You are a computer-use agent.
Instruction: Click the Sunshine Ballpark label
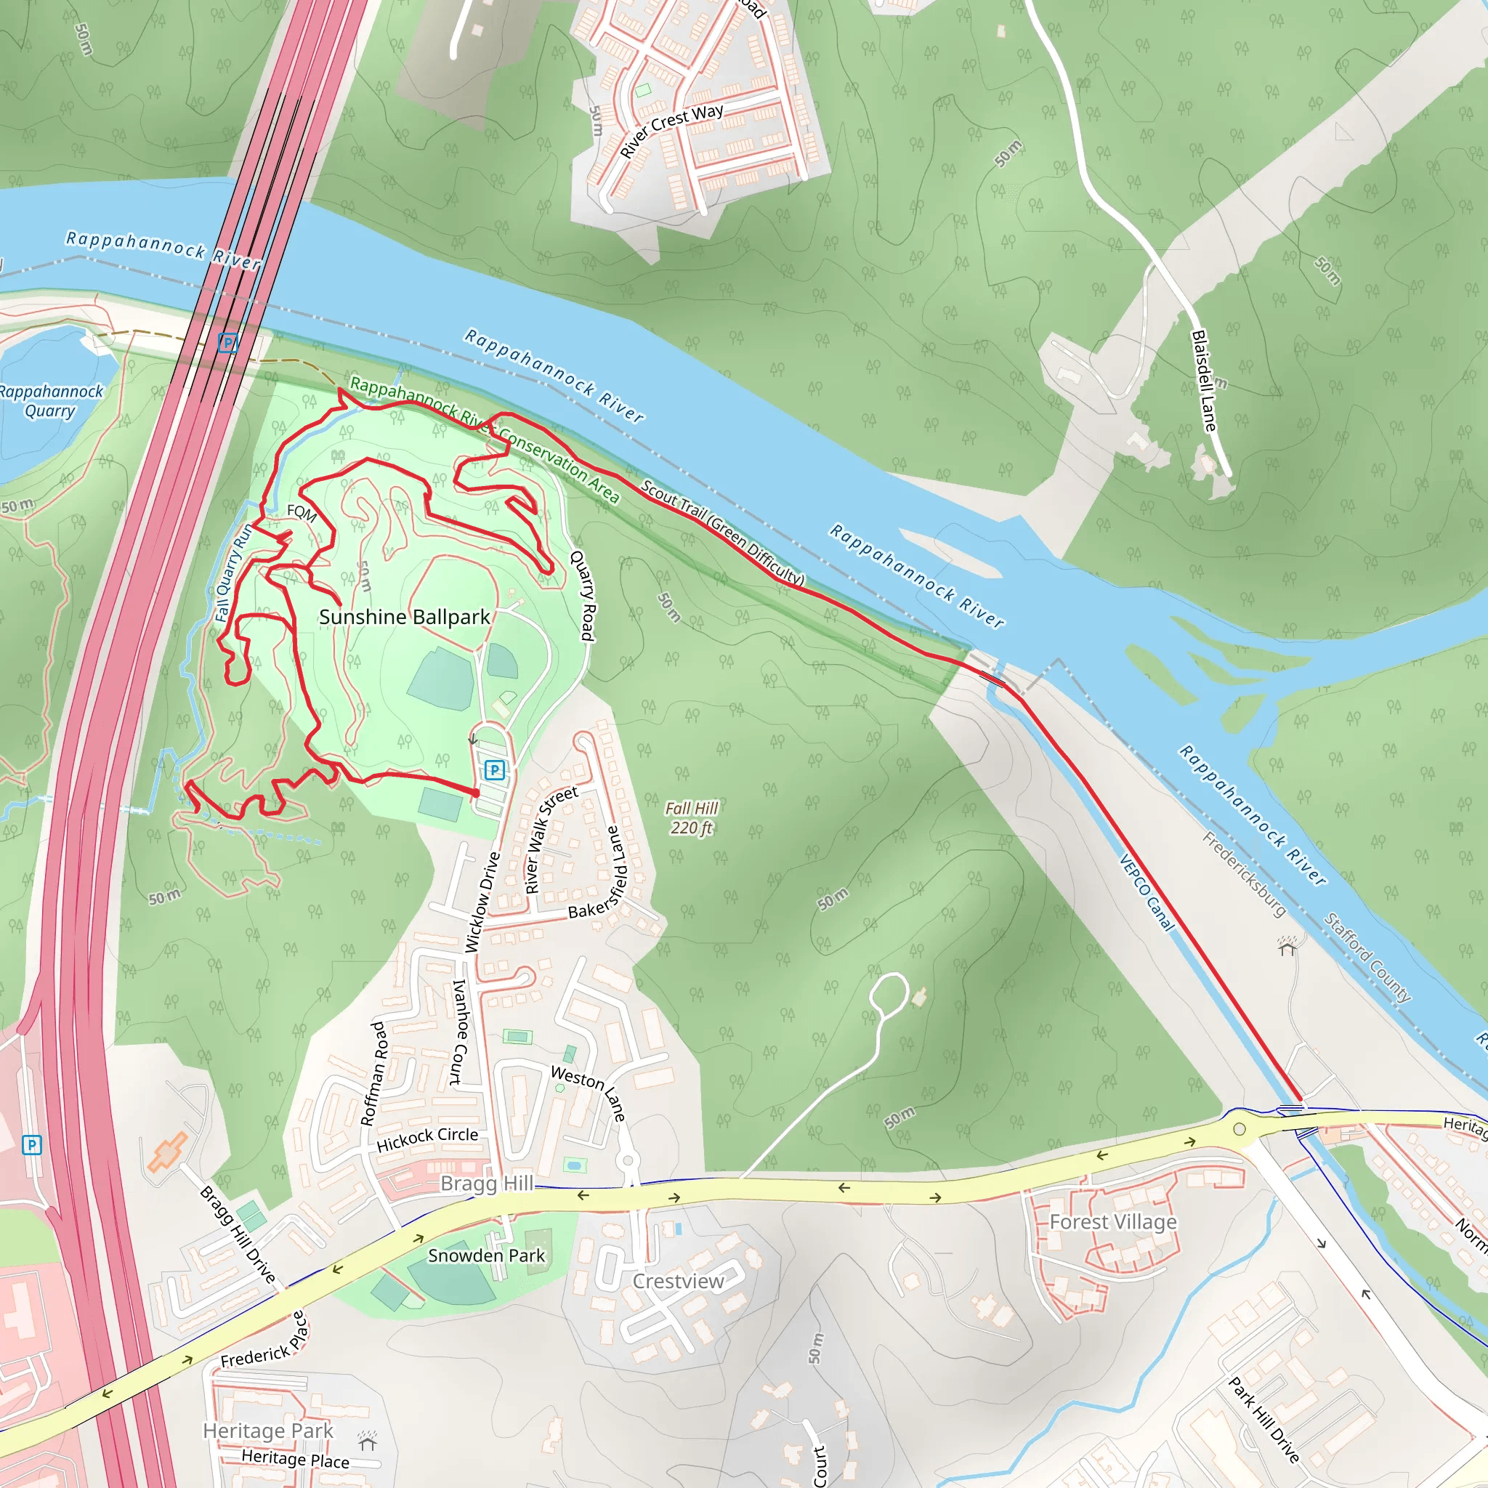pyautogui.click(x=405, y=618)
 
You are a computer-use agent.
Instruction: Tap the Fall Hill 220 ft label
pyautogui.click(x=691, y=818)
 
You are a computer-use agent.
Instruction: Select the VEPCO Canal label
pyautogui.click(x=1147, y=894)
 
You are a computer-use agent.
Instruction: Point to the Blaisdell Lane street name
pyautogui.click(x=1204, y=381)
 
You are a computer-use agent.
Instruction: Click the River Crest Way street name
pyautogui.click(x=671, y=130)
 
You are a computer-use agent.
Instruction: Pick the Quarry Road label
pyautogui.click(x=583, y=595)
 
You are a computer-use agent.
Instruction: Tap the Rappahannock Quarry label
pyautogui.click(x=50, y=400)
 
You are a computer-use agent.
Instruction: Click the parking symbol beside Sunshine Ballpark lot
pyautogui.click(x=495, y=769)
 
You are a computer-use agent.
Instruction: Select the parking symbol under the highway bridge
pyautogui.click(x=227, y=343)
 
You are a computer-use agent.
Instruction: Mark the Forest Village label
pyautogui.click(x=1113, y=1222)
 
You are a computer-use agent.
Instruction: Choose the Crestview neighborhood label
pyautogui.click(x=678, y=1282)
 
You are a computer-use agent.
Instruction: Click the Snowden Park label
pyautogui.click(x=486, y=1255)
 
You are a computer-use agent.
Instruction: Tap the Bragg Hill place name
pyautogui.click(x=487, y=1183)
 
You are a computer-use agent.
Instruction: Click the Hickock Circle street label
pyautogui.click(x=426, y=1139)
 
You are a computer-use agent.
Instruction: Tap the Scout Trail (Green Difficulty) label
pyautogui.click(x=722, y=532)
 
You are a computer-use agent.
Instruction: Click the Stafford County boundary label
pyautogui.click(x=1367, y=958)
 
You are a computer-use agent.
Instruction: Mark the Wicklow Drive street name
pyautogui.click(x=482, y=902)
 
